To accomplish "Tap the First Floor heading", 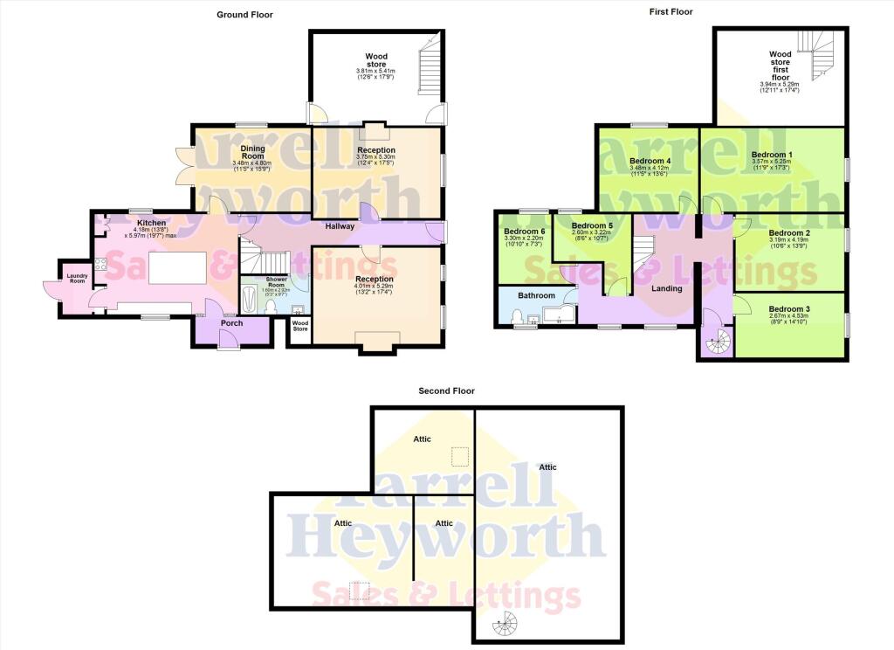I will (670, 11).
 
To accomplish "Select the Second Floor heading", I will (446, 391).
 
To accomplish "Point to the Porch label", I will (232, 323).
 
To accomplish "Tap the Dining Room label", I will (253, 152).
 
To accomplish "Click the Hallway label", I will (340, 226).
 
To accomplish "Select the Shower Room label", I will (276, 283).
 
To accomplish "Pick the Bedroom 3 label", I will (789, 308).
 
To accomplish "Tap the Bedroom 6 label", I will (525, 232).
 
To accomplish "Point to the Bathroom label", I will (537, 295).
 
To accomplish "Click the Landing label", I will (667, 288).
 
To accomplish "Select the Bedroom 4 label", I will (650, 161).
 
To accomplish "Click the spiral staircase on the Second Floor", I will (502, 626).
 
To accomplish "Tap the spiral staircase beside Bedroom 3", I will (717, 343).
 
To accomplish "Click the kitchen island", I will (178, 266).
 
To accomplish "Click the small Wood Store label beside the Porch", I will (300, 327).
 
